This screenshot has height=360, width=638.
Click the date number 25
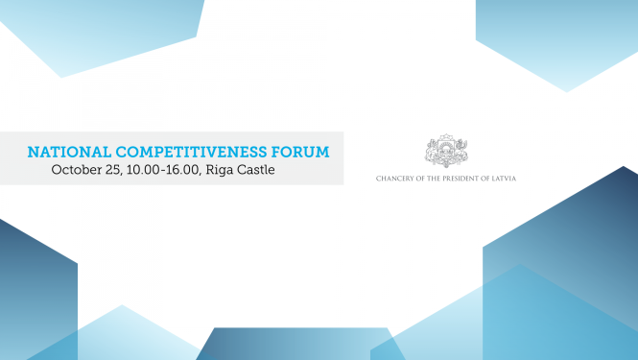coord(116,170)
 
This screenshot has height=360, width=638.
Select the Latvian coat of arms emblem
coord(446,151)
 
